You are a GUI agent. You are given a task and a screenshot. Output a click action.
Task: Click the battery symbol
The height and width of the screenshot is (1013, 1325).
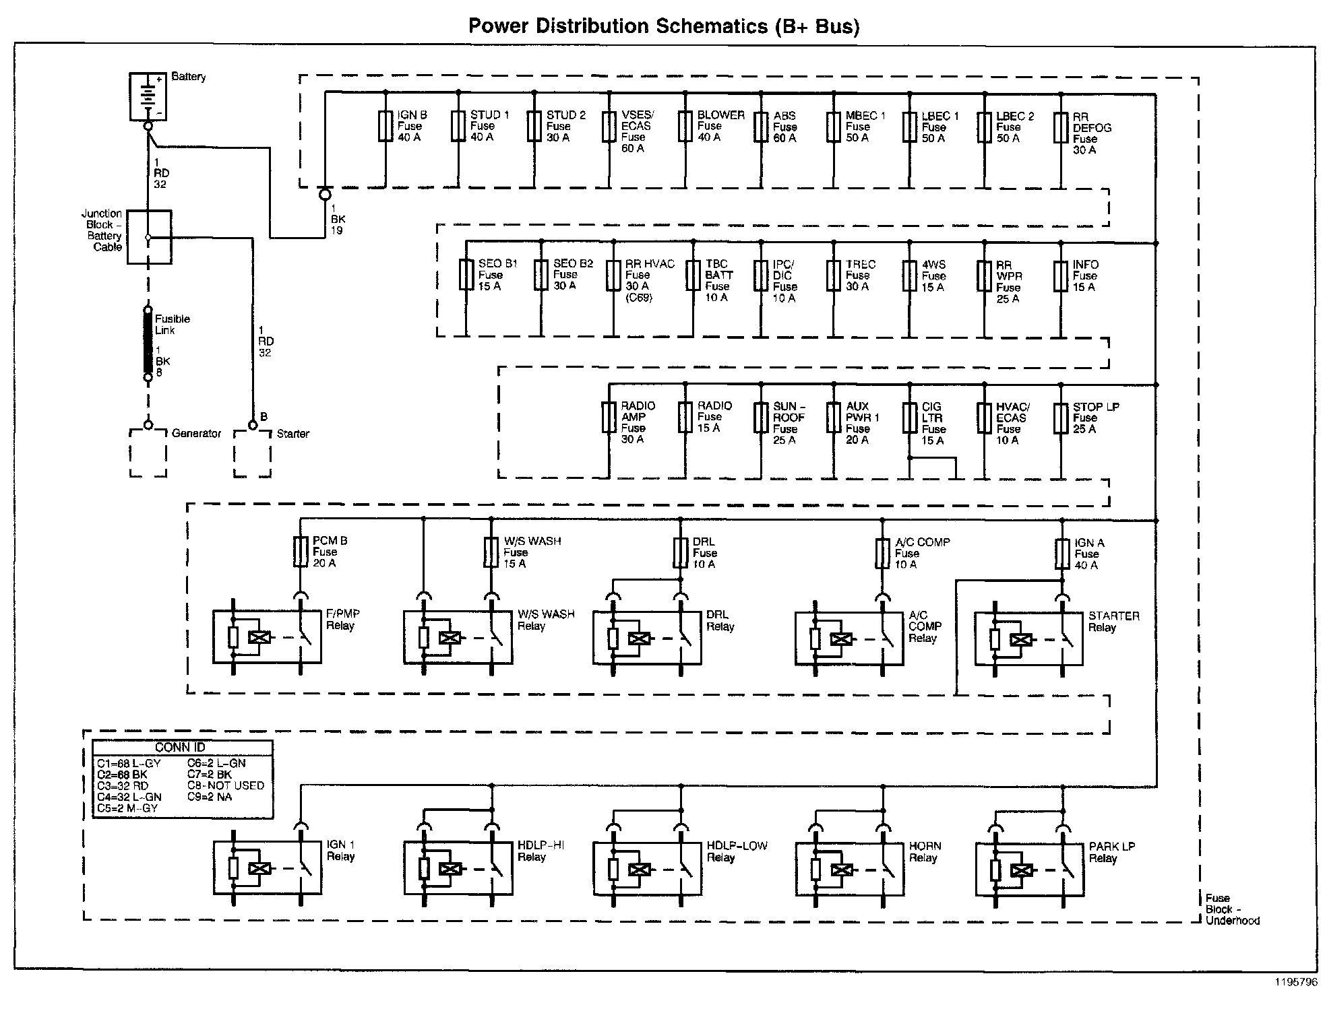[x=148, y=97]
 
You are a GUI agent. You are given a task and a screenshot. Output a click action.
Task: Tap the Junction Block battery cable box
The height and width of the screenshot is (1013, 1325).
[x=150, y=236]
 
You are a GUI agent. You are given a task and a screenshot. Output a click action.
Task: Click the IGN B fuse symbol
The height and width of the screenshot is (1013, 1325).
[x=386, y=126]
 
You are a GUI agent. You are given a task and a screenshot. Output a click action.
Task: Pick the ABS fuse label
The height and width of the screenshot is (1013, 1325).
[x=784, y=127]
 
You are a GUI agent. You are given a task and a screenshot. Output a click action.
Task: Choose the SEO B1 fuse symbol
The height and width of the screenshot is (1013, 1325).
[x=466, y=275]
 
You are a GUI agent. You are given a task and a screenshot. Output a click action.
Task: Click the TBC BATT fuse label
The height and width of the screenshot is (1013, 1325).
[x=718, y=281]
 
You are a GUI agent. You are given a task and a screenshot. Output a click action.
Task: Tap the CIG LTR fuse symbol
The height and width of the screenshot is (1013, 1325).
[x=910, y=418]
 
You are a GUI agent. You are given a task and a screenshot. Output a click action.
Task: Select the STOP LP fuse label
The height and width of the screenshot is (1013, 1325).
[x=1095, y=418]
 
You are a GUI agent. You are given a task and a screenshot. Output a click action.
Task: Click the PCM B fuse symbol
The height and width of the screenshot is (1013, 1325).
[x=301, y=552]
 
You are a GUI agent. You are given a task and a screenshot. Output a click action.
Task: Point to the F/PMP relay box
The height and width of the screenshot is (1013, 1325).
[x=267, y=637]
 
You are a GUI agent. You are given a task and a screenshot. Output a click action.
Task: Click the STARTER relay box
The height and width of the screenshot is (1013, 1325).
[x=1028, y=639]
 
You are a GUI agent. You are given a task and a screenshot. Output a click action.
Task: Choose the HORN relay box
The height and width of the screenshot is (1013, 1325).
[x=849, y=868]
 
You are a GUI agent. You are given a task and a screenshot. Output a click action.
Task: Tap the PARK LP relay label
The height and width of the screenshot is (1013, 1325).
[x=1111, y=853]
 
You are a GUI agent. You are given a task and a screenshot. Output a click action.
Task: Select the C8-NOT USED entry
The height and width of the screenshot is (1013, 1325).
[x=226, y=786]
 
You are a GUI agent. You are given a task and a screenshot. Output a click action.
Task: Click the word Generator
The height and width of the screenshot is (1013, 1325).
[x=196, y=434]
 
